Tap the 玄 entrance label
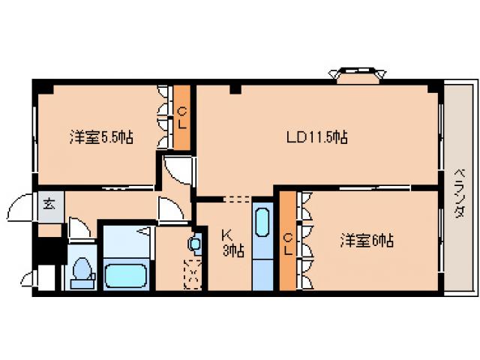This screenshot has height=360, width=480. click(49, 203)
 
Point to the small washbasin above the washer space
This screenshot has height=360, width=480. click(195, 244)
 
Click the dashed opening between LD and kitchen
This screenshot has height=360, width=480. click(236, 199)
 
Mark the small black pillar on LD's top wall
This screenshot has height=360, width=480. click(235, 91)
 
